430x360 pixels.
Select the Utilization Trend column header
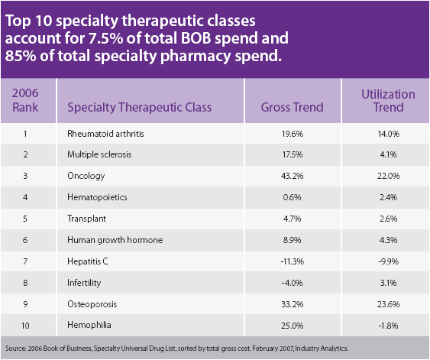[x=388, y=101]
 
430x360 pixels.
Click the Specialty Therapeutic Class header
[x=139, y=107]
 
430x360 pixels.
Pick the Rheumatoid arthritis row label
[x=105, y=134]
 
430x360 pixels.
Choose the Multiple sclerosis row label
[x=99, y=154]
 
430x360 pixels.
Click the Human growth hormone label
[x=115, y=240]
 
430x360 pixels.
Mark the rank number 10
[x=24, y=325]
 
